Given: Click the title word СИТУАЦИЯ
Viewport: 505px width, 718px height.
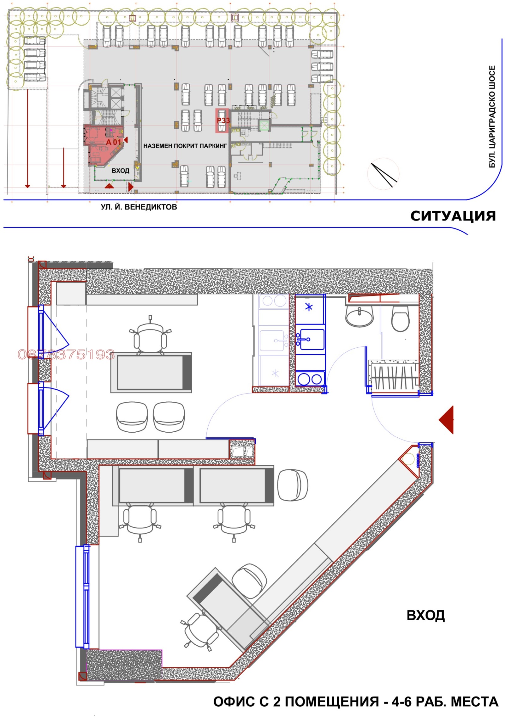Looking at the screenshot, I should point(453,216).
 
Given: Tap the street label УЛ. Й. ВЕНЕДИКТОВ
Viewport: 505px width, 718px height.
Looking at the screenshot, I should point(139,207).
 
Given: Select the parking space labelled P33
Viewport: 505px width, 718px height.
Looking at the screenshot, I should point(222,120).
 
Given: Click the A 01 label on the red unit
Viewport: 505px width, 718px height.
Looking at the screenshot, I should point(113,142).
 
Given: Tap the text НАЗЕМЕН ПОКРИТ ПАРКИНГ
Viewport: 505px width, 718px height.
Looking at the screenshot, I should point(185,146).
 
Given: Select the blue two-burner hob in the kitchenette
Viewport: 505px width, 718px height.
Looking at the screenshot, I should point(310,379).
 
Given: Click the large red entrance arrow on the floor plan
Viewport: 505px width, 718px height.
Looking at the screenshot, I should point(446,420).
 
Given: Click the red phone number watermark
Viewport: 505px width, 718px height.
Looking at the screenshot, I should point(66,355).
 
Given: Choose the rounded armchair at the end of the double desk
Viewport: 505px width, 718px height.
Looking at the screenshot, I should point(293,485).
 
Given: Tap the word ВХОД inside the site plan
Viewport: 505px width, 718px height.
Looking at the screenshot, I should point(120,171).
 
